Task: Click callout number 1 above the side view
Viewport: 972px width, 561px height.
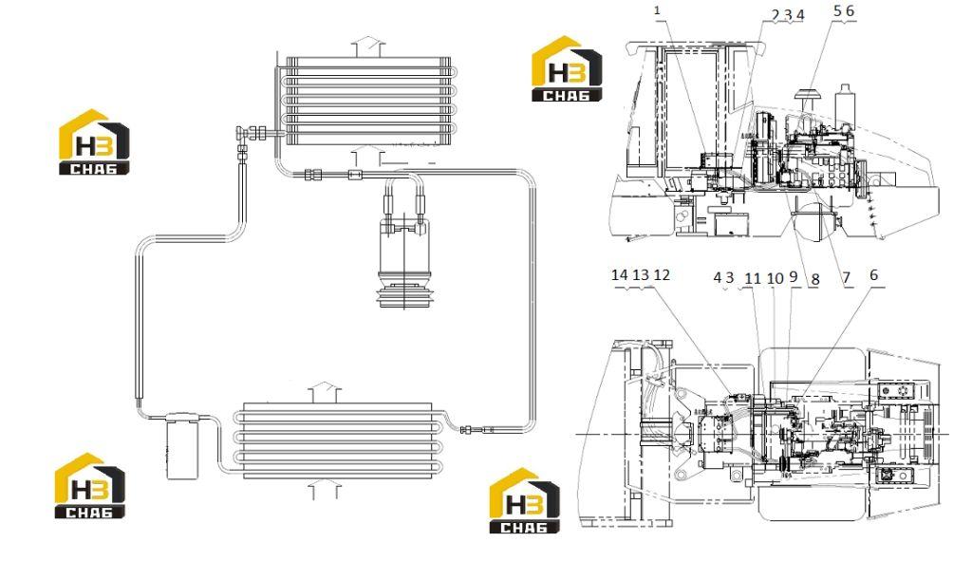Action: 657,10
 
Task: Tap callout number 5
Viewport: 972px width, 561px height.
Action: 837,10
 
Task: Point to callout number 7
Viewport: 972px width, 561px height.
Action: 846,278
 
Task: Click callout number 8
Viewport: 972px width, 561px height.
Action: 815,280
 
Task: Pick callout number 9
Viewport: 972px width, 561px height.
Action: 794,276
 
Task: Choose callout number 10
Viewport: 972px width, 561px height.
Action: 775,278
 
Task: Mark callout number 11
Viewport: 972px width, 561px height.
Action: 753,278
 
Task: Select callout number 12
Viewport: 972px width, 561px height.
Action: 662,274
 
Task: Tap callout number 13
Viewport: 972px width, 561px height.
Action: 641,274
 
